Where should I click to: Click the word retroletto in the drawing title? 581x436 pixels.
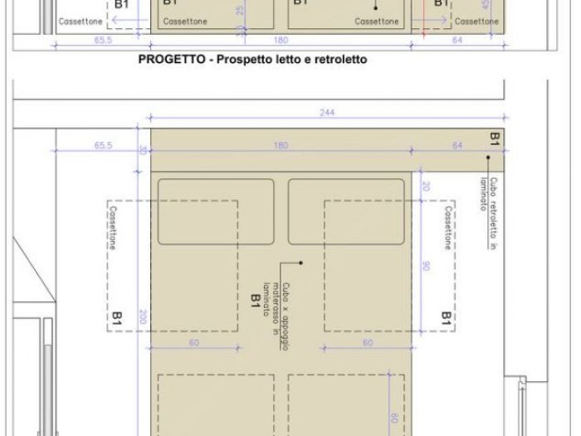pos(341,60)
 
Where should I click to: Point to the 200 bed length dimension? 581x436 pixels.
pos(142,316)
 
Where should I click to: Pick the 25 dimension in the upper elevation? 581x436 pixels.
pos(240,11)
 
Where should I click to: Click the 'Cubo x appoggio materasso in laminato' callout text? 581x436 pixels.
pos(274,305)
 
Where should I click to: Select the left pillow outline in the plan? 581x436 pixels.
pos(216,211)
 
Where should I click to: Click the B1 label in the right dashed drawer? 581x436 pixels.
pos(446,317)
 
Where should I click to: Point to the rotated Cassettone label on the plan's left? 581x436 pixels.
pos(115,229)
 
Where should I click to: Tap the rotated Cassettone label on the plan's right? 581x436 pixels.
pos(447,229)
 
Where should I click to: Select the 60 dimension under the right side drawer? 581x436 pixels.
pos(366,342)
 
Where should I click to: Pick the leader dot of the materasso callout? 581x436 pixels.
pos(304,263)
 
